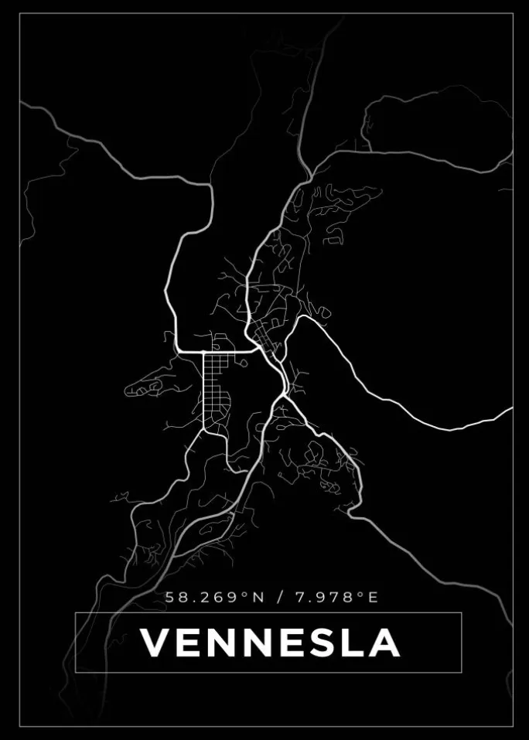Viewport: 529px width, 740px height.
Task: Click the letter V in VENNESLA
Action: [156, 643]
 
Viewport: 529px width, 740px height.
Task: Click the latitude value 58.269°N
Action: [214, 597]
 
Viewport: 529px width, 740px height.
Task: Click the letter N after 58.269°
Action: [258, 597]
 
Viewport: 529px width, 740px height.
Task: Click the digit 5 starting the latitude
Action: [169, 597]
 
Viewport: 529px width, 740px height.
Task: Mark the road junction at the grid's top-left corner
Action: [203, 353]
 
